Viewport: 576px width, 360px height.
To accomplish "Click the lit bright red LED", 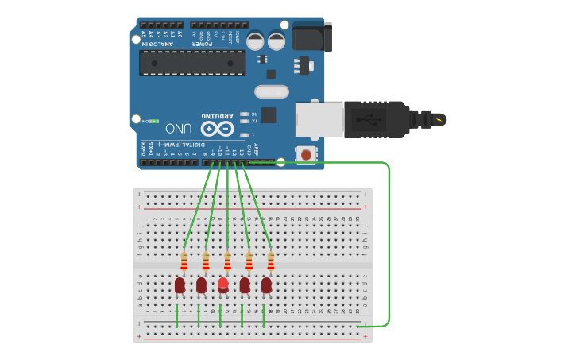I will point(223,284).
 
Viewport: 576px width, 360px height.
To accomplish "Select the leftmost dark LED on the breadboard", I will point(180,285).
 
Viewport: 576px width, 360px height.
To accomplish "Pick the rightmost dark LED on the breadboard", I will point(266,285).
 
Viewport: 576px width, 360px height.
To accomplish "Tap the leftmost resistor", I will point(184,261).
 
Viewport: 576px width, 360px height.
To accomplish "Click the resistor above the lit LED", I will point(227,261).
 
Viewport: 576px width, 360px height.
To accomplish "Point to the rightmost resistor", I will point(270,261).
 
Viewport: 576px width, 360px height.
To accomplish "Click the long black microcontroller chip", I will point(192,63).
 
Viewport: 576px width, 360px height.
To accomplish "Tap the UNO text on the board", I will point(178,128).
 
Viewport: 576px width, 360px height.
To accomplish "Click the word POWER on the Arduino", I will point(202,44).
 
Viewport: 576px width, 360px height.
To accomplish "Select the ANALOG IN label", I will point(155,44).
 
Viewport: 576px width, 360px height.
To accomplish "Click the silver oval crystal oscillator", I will point(271,92).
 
